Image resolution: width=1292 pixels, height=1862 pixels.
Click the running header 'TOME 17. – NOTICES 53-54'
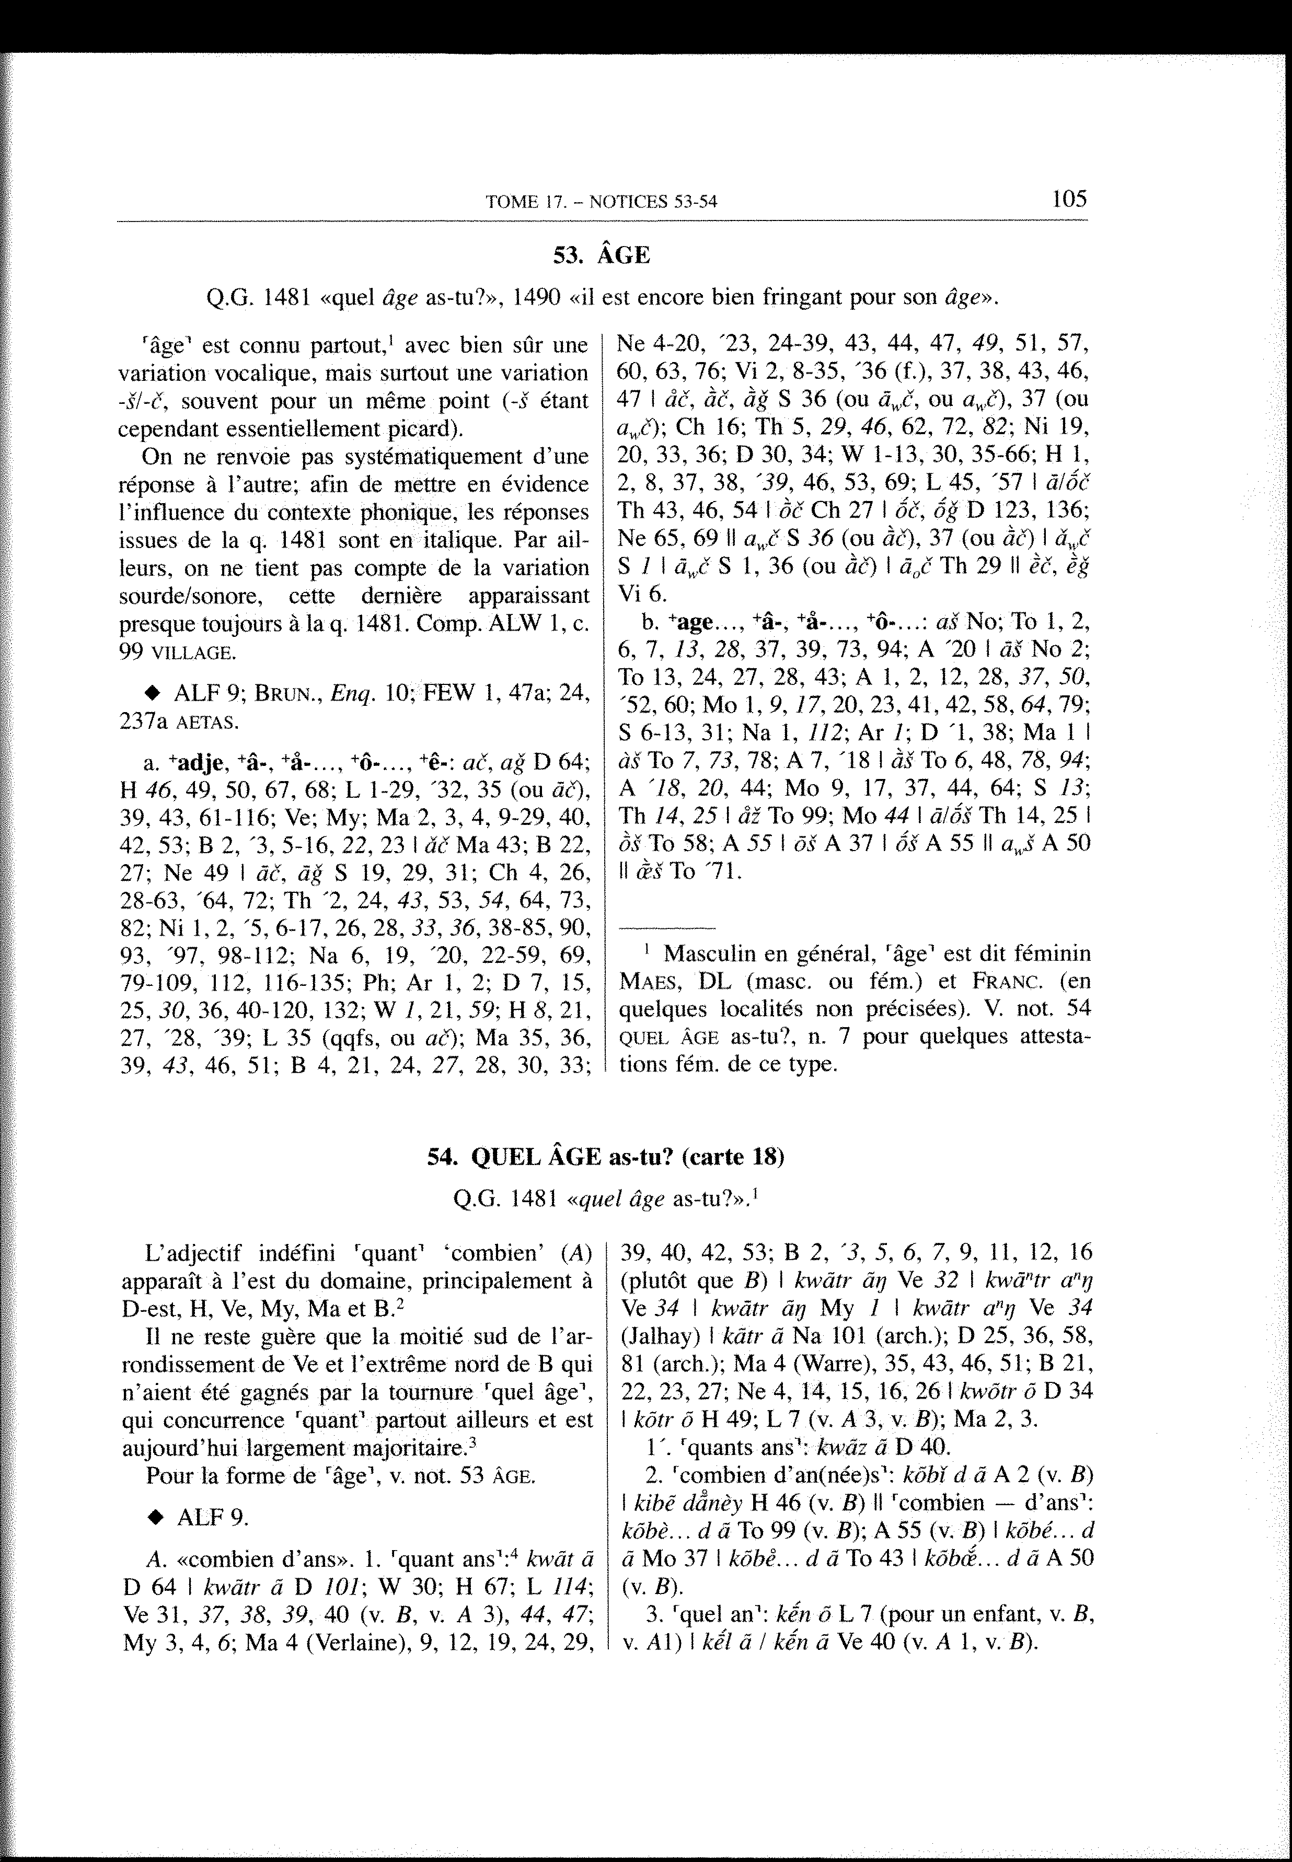pyautogui.click(x=602, y=202)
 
